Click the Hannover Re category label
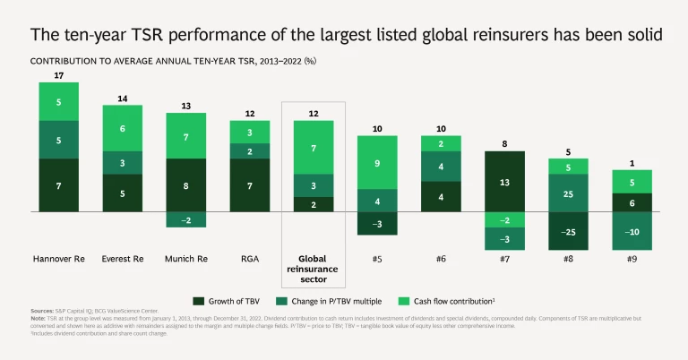coord(58,259)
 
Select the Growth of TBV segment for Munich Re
coord(186,186)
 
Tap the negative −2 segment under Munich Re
coord(186,219)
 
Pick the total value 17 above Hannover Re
coord(58,74)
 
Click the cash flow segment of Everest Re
coord(123,128)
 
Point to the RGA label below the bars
coord(251,259)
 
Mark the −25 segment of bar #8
coord(568,232)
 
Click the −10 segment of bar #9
coord(632,232)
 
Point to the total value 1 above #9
coord(632,163)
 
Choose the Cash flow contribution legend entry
coord(453,299)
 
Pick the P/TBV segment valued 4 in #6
coord(441,167)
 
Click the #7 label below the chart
coord(505,259)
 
